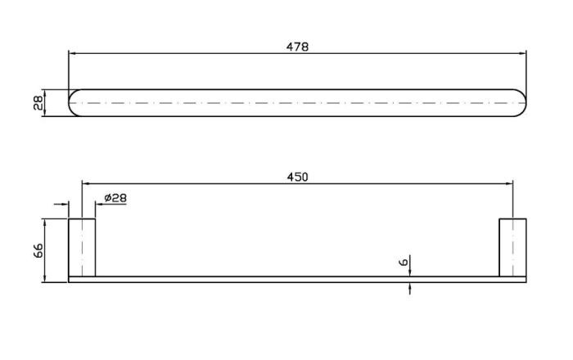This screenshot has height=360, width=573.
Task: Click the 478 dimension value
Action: click(x=297, y=47)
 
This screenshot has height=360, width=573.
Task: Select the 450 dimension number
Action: click(x=297, y=177)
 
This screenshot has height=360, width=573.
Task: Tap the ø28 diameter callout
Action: click(x=115, y=198)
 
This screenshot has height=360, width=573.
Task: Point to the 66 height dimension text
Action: click(x=38, y=250)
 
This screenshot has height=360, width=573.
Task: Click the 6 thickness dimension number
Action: click(x=404, y=262)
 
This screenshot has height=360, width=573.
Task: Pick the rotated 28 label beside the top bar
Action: click(x=38, y=103)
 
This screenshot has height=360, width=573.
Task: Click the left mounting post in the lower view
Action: click(x=82, y=248)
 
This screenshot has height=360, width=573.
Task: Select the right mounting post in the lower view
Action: click(x=512, y=248)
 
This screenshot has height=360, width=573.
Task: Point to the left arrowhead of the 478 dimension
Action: click(x=72, y=53)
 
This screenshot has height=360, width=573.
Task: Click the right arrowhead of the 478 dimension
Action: click(x=522, y=53)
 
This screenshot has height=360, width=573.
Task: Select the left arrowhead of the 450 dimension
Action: click(x=85, y=183)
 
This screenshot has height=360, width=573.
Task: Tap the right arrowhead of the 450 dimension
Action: click(x=509, y=183)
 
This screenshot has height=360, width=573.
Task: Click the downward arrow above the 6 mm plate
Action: click(x=409, y=265)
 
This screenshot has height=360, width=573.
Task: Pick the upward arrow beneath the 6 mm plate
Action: click(x=409, y=288)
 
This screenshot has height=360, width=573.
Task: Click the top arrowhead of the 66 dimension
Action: click(x=44, y=223)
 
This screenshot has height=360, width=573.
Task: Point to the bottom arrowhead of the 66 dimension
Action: click(x=44, y=278)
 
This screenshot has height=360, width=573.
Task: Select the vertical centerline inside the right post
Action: click(x=512, y=248)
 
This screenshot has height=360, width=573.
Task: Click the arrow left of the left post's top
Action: click(x=61, y=204)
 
